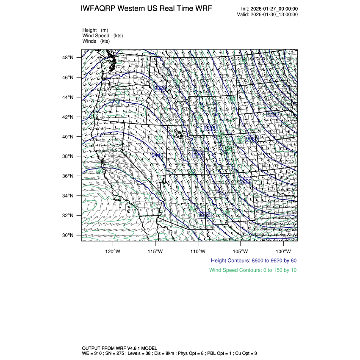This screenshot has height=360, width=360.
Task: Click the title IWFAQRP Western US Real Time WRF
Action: tap(146, 9)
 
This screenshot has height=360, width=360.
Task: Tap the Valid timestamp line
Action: tap(267, 14)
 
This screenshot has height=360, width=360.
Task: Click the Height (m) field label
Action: tap(95, 30)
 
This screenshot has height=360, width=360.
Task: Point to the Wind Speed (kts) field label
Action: tap(102, 36)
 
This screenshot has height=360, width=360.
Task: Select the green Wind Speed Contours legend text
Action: tap(253, 270)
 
